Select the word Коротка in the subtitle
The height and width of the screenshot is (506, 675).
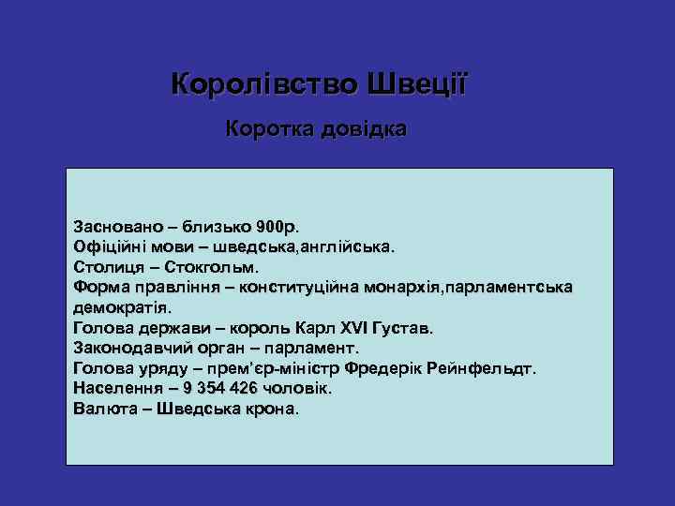pos(268,129)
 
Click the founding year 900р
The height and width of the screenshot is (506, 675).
pos(280,227)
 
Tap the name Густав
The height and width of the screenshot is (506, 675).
pos(402,328)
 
